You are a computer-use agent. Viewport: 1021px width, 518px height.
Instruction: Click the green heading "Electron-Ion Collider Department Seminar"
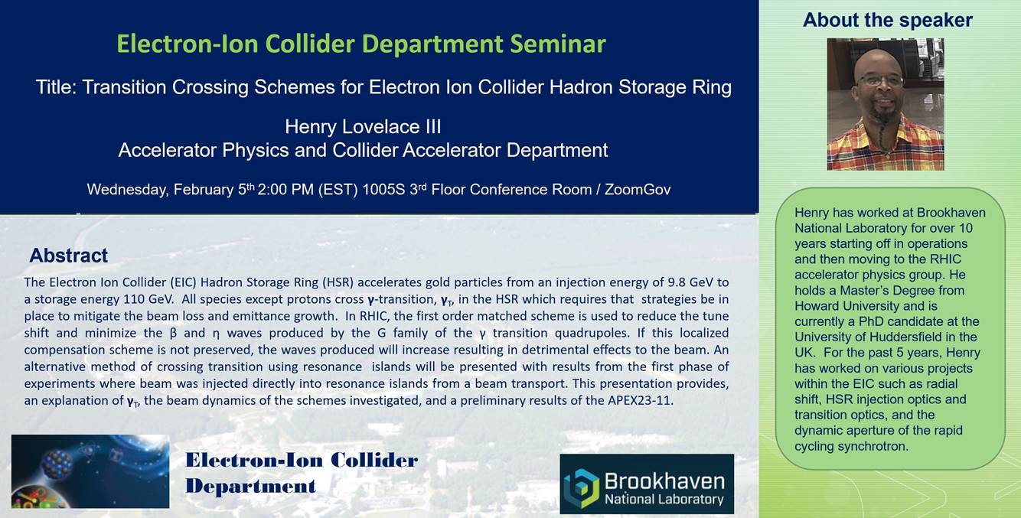pos(361,44)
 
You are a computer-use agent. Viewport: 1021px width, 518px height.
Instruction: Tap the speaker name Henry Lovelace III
pos(363,127)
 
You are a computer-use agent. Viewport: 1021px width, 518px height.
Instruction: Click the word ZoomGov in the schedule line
pos(638,190)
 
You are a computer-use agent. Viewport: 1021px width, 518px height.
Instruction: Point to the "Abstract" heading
pos(68,256)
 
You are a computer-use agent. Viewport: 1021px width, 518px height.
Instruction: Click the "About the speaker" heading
pos(888,20)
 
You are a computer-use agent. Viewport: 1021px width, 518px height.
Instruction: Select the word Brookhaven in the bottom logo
pos(664,482)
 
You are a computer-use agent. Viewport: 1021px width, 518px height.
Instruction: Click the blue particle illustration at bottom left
pos(90,471)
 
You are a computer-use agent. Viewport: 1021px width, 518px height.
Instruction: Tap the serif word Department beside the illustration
pos(251,486)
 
